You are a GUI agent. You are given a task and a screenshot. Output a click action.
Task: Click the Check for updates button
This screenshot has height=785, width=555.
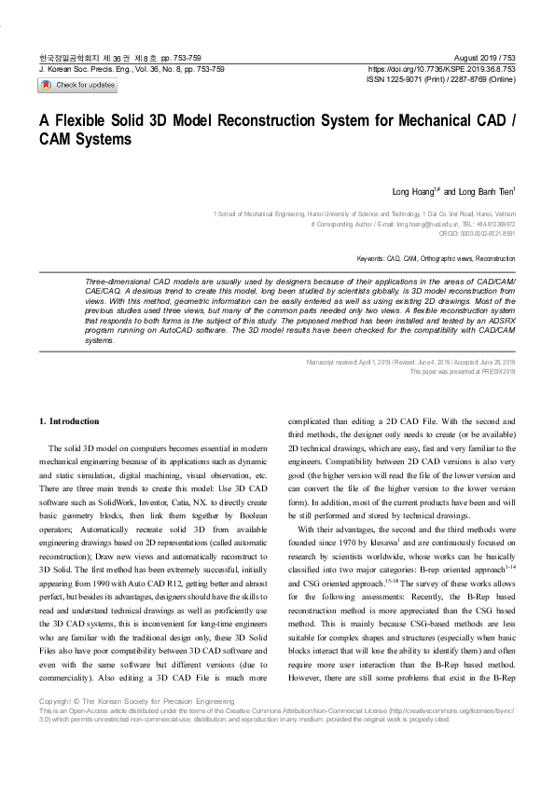tap(77, 85)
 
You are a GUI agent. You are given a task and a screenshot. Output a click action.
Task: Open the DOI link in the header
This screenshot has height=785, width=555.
tap(442, 69)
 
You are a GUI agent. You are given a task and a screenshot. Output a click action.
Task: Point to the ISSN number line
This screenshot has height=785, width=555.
tap(442, 80)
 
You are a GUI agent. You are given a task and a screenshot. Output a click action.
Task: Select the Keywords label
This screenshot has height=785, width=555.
tap(371, 258)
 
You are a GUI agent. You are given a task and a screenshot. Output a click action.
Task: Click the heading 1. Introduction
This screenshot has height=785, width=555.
tap(74, 421)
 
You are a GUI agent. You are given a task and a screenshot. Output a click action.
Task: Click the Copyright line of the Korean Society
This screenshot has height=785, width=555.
tap(137, 726)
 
